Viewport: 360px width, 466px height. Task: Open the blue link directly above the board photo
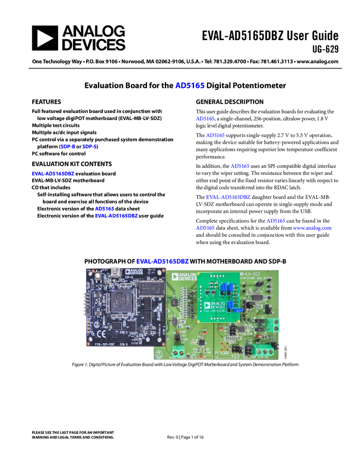click(x=163, y=261)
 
